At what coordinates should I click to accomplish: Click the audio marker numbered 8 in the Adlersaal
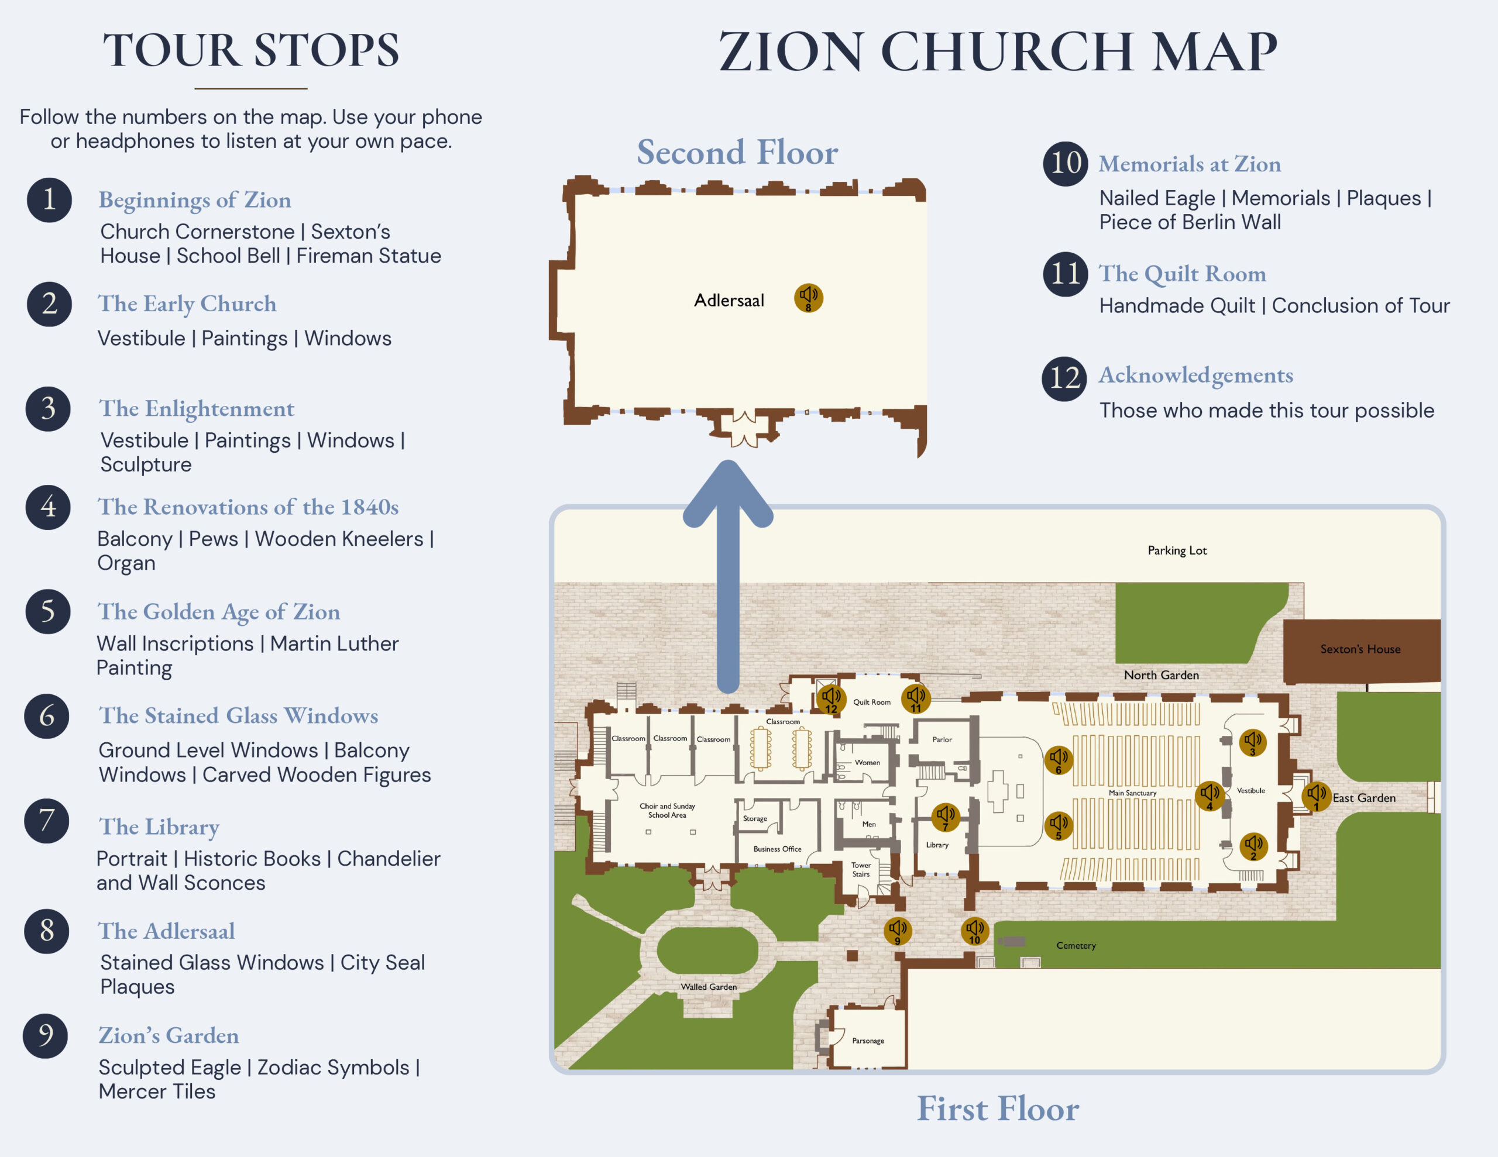pos(809,298)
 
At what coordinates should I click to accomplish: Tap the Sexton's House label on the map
pos(1360,649)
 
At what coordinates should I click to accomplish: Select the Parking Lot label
pos(1177,550)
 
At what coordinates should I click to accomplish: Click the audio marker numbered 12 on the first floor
pos(830,699)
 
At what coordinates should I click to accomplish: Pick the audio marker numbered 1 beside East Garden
pos(1316,796)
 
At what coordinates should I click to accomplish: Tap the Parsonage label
pos(868,1041)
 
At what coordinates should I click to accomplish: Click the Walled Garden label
pos(709,987)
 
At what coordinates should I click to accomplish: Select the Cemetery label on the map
pos(1076,946)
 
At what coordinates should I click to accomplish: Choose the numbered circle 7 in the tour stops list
pos(47,820)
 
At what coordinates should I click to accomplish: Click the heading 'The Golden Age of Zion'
pos(219,611)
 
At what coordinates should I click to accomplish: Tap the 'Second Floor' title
pos(737,152)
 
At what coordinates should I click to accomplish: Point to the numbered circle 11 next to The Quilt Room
pos(1065,274)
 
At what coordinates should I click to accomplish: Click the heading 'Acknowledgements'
pos(1195,375)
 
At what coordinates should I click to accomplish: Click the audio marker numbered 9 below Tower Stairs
pos(897,931)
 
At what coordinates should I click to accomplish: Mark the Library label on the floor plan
pos(937,845)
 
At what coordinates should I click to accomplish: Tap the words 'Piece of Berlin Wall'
pos(1190,222)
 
